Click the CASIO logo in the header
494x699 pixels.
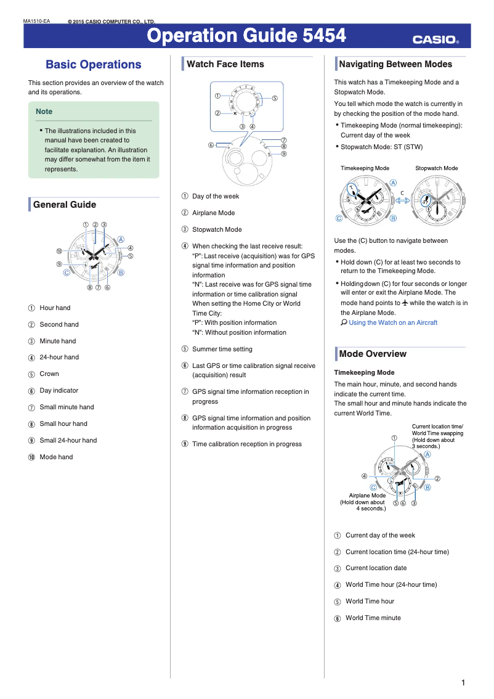(435, 40)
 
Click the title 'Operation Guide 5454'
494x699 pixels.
(246, 36)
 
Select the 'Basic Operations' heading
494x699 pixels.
(93, 65)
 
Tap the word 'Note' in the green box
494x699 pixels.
(44, 112)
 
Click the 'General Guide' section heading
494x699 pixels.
(64, 205)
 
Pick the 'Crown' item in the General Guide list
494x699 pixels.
(49, 374)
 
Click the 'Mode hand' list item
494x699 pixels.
(56, 457)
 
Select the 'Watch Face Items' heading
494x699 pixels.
(225, 64)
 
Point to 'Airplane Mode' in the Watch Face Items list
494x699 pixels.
(213, 213)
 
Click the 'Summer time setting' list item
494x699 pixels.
(222, 349)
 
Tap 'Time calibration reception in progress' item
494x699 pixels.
(246, 444)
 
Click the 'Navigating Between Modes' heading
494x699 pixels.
(395, 64)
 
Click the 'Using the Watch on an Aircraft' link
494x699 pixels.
(392, 322)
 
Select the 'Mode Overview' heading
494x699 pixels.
(372, 354)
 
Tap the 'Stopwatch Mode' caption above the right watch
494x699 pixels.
(436, 168)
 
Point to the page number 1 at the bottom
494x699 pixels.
(463, 682)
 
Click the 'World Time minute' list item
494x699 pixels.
(373, 618)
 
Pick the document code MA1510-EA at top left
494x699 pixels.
(36, 22)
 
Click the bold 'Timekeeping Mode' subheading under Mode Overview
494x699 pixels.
(364, 372)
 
